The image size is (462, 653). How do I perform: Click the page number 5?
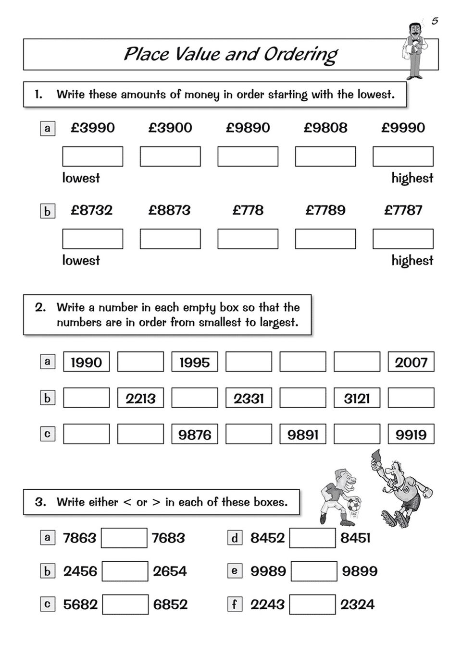[435, 21]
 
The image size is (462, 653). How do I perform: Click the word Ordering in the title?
[300, 55]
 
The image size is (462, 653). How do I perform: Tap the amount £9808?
[325, 128]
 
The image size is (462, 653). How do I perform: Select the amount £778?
[248, 210]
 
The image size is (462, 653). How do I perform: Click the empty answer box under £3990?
[93, 157]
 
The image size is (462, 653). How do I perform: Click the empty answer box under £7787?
[403, 239]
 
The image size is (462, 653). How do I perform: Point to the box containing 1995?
[195, 362]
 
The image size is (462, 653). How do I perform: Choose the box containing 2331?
[249, 398]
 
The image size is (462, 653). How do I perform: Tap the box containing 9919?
[411, 435]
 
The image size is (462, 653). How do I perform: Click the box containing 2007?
[411, 362]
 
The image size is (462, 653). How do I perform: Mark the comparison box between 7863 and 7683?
[124, 538]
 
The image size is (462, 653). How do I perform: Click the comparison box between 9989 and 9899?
[314, 571]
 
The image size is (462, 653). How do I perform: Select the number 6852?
[170, 604]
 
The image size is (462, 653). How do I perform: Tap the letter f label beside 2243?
[235, 604]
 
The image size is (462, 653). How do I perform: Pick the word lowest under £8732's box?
[81, 260]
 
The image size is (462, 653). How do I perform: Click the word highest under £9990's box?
[412, 178]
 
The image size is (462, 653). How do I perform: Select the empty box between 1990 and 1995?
[140, 362]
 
